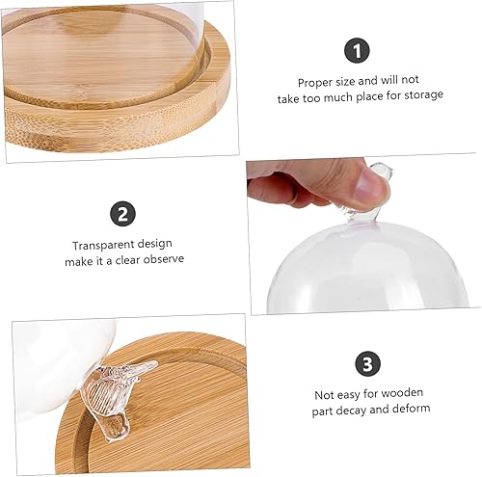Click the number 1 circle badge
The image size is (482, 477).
pos(359,50)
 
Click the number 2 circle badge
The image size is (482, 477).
pos(122,214)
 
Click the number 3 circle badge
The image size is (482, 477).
pos(367,363)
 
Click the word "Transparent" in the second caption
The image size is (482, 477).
pos(101,245)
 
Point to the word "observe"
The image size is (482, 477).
pos(160,260)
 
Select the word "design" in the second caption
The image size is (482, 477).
pos(155,245)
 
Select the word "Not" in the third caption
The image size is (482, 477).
pos(323,394)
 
